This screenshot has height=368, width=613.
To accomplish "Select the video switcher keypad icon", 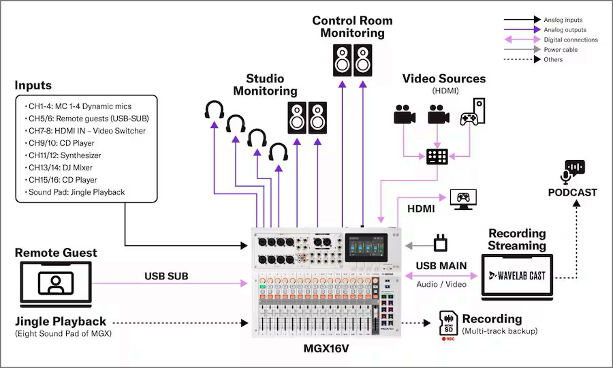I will point(436,156).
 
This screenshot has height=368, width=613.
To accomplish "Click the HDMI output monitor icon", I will point(464,198).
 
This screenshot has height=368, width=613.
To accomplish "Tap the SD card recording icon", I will point(448,324).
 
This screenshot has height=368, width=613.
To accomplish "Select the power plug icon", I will point(441,242).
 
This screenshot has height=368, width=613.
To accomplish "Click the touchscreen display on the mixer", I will point(366,246).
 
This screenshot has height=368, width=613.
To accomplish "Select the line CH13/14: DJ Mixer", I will point(61,168).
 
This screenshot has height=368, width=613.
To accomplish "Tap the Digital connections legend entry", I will point(570,40).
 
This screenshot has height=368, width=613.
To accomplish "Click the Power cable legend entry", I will point(562,50).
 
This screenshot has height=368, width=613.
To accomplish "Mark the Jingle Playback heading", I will point(61,321).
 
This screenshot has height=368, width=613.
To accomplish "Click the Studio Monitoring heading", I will point(266,84).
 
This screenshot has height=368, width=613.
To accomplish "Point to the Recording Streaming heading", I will point(517,240).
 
